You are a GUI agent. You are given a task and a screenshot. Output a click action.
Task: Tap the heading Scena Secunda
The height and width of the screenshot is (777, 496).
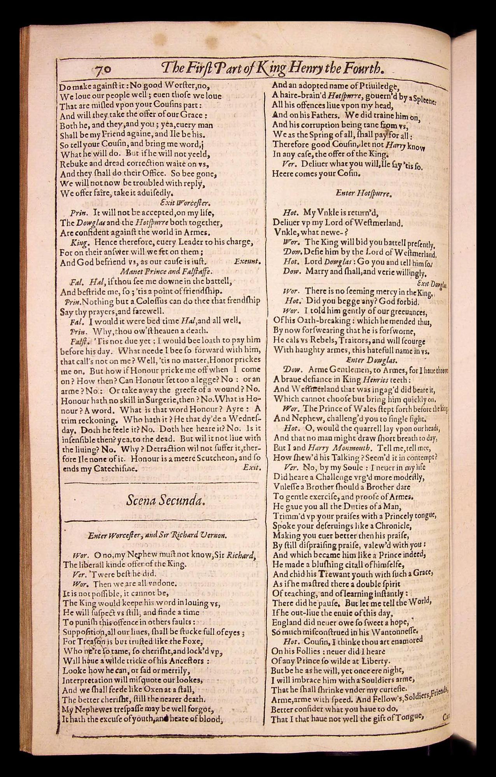tap(165, 500)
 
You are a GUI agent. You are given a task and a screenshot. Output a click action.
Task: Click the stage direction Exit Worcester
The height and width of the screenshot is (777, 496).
tap(185, 203)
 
